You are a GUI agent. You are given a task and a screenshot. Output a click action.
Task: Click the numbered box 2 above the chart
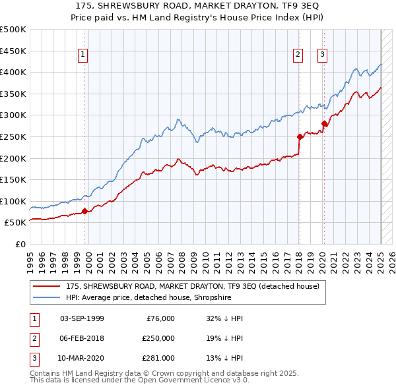[298, 55]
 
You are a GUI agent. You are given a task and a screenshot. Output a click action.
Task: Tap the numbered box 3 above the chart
[323, 55]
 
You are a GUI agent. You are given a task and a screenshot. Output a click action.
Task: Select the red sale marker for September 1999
[84, 212]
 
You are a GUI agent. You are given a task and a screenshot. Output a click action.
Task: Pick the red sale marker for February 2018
[300, 137]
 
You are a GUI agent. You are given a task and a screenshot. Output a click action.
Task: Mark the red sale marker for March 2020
[324, 123]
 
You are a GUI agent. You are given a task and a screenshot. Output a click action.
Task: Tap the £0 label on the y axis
[20, 244]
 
